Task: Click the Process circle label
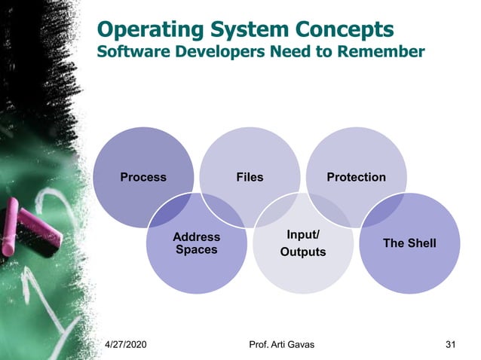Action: tap(143, 178)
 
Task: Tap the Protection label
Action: tap(356, 178)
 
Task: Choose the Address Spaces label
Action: tap(196, 243)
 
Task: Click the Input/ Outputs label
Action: tap(303, 243)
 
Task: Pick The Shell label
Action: tap(409, 243)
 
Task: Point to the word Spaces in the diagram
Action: tap(196, 249)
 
